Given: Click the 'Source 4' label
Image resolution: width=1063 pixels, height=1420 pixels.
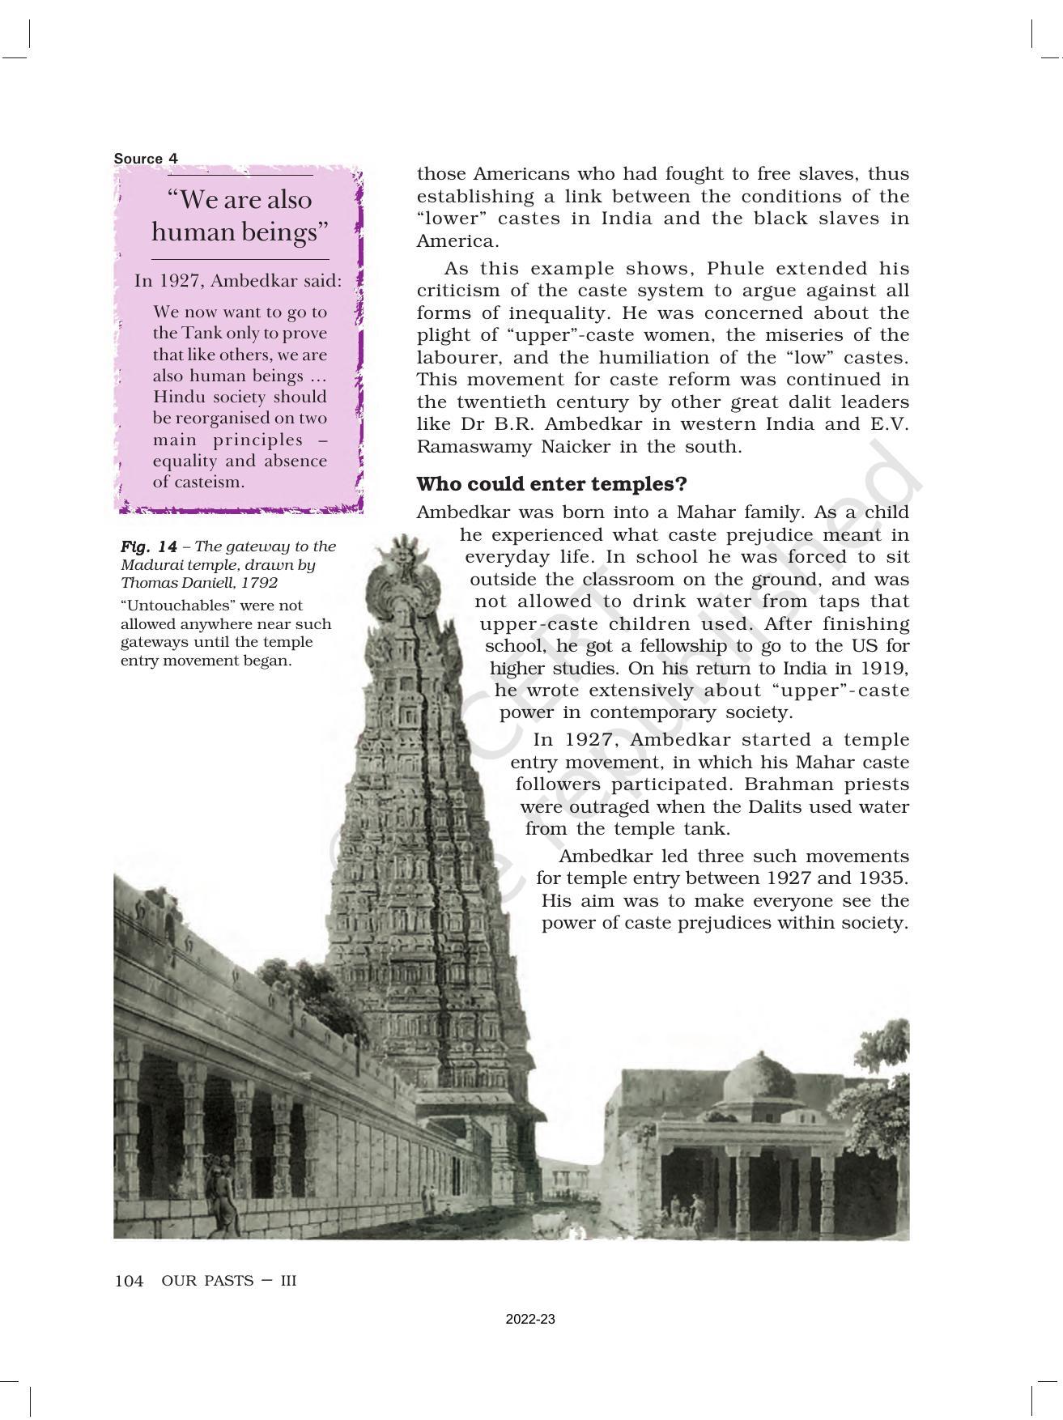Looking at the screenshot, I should pos(146,159).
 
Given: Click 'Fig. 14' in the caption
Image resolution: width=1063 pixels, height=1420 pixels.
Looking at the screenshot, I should pos(149,546).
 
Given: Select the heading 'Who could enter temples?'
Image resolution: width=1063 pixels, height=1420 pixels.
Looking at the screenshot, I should pos(551,484).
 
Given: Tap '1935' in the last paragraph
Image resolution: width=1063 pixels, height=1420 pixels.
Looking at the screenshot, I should pos(883,878).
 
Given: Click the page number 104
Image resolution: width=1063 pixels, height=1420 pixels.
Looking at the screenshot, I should pos(130,1281).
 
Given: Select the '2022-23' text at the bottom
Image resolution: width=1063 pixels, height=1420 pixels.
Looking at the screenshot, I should pos(530,1320).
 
